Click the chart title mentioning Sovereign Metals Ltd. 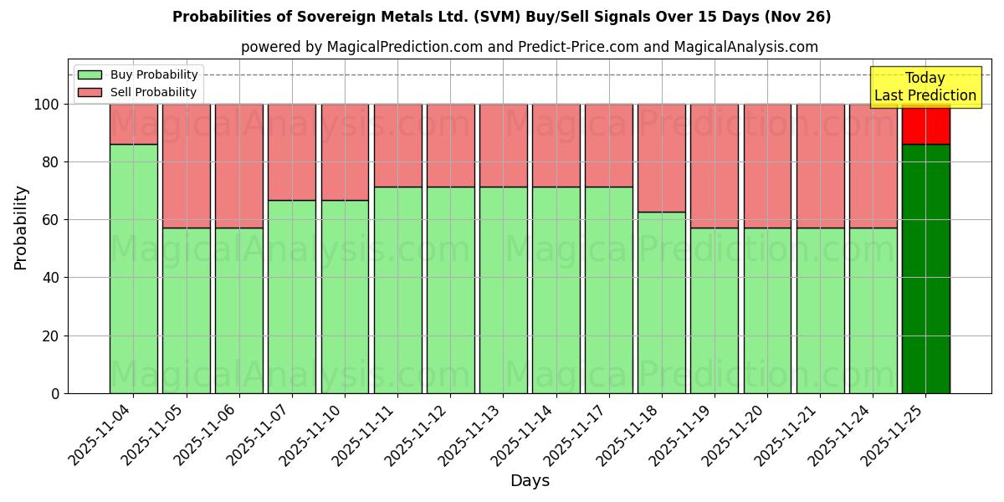501,17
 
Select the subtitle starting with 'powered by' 529,47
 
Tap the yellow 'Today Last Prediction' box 925,87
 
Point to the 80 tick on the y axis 50,162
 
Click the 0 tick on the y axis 55,393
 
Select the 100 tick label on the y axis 46,105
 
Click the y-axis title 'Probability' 21,228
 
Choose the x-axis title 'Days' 530,481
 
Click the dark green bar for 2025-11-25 925,268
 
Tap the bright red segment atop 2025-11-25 925,124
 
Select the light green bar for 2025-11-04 133,268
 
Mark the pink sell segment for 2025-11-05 186,166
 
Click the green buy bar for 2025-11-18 661,301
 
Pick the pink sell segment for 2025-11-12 450,145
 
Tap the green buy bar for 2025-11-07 291,297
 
